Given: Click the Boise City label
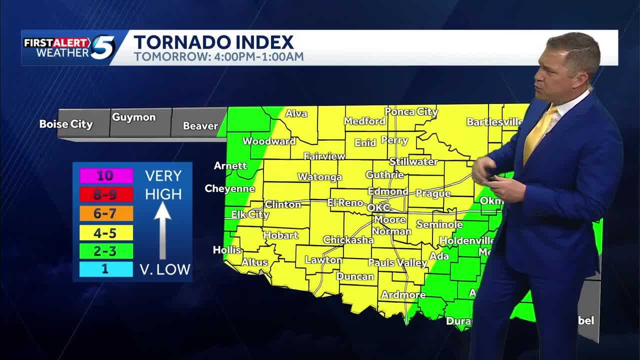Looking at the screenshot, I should [66, 124].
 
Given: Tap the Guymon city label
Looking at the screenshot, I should [133, 117].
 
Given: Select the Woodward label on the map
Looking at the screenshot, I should [269, 141].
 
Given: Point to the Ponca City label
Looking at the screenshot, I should [411, 111].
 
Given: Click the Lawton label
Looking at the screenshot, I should [323, 260].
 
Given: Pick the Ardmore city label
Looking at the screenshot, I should [403, 294].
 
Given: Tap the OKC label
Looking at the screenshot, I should [378, 207].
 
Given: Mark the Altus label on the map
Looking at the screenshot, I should [254, 262].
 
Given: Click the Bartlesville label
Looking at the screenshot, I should [494, 121].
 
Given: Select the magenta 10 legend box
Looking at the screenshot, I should [106, 175].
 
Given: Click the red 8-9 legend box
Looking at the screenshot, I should [106, 194].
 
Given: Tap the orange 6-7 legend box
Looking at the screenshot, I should [106, 213].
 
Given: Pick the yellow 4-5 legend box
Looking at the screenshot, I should [106, 232].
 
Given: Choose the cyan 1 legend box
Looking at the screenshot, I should [106, 269].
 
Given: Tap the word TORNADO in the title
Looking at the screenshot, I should [178, 42].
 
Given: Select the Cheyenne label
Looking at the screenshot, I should [229, 188].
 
